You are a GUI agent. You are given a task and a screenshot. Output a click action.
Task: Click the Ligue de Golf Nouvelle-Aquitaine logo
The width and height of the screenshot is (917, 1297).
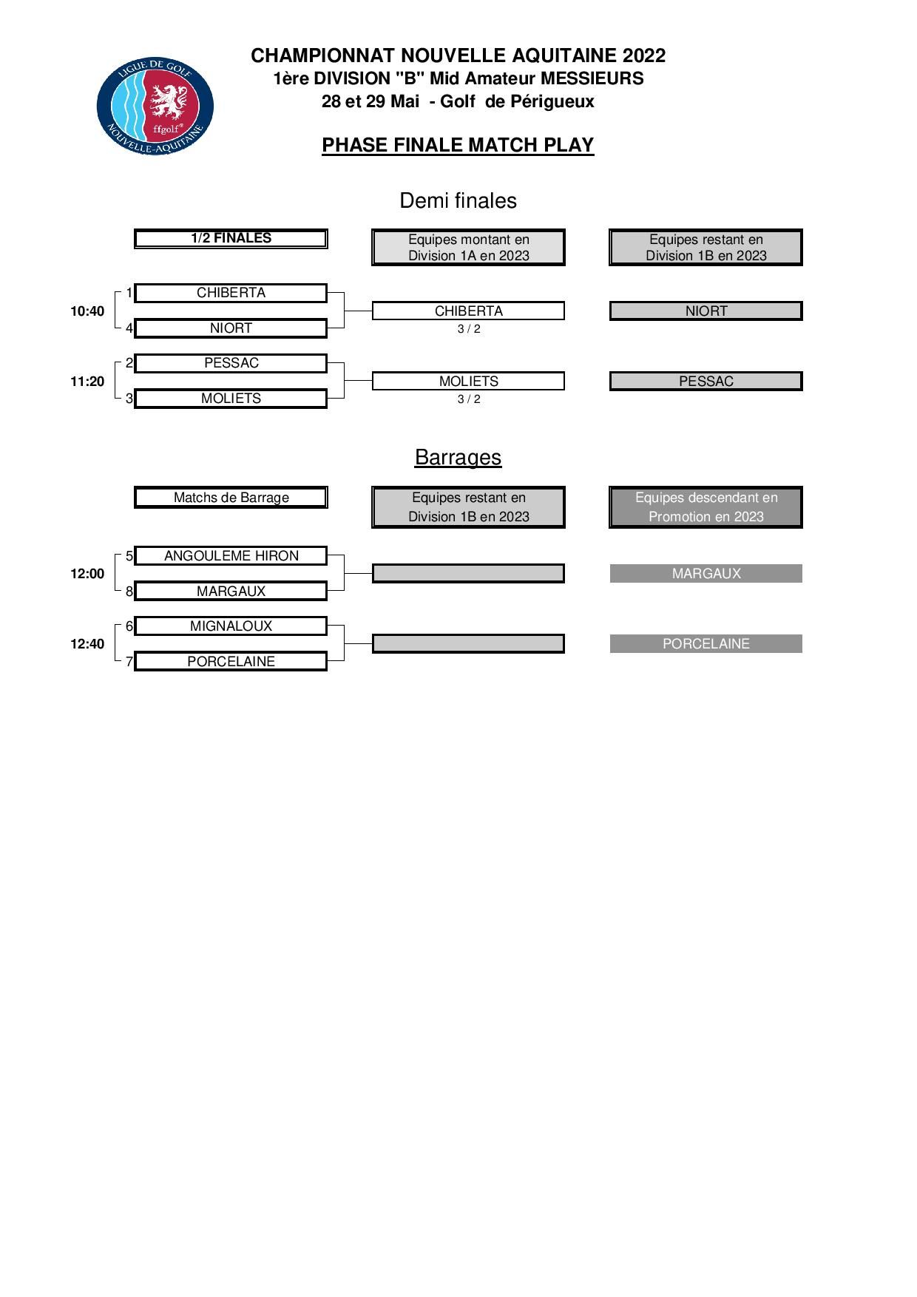tap(155, 107)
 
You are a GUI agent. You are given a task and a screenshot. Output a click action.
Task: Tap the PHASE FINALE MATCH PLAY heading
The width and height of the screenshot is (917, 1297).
tap(458, 145)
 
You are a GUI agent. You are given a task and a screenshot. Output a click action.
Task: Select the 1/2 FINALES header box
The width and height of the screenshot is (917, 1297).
tap(231, 238)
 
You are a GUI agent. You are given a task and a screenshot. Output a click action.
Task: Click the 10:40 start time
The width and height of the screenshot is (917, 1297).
tap(87, 311)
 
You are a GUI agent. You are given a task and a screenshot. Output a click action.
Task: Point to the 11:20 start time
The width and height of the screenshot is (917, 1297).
tap(87, 382)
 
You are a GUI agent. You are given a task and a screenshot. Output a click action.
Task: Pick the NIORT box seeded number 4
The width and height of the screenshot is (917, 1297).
tap(231, 328)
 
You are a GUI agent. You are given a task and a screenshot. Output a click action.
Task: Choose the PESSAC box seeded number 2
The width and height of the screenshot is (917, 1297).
tap(231, 363)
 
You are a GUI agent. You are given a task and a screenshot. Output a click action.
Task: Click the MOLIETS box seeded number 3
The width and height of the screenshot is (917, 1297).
tap(231, 399)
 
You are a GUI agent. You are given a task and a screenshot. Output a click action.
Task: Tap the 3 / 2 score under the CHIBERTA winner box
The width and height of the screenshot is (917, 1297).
tap(469, 329)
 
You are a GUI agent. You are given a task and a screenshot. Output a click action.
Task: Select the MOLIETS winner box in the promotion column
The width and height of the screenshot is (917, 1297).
tap(468, 382)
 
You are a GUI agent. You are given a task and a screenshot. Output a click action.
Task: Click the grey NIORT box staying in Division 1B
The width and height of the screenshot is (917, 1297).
tap(706, 311)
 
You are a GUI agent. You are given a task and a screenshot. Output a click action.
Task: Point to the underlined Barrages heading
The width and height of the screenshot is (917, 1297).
tap(458, 457)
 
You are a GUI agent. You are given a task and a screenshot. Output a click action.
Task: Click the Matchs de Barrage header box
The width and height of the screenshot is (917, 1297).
tap(231, 498)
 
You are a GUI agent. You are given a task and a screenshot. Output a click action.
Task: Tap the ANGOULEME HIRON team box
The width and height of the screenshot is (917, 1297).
tap(231, 556)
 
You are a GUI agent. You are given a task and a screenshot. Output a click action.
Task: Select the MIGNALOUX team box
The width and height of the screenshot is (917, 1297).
tap(231, 626)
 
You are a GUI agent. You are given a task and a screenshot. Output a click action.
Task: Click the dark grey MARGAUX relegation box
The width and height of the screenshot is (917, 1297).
tap(706, 574)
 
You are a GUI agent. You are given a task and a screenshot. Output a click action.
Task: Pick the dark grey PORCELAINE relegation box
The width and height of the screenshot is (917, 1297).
tap(706, 644)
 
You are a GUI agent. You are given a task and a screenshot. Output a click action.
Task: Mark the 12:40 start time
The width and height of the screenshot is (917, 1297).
tap(87, 644)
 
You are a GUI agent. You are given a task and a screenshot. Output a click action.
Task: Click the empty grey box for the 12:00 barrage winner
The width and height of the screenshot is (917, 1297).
tap(468, 574)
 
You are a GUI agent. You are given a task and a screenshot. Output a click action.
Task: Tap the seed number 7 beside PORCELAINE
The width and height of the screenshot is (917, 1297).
tap(129, 662)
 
